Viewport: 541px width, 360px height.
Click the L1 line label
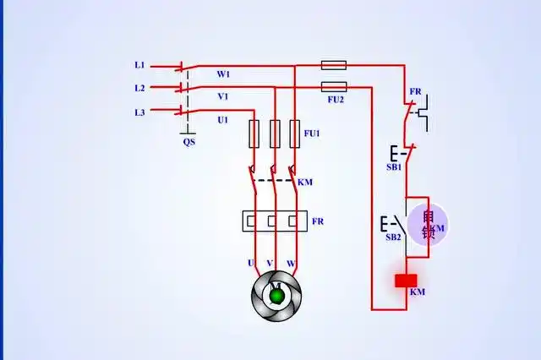(x=139, y=65)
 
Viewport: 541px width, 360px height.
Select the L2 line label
(x=139, y=88)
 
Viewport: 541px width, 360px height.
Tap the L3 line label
(x=139, y=112)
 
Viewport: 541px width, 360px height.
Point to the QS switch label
(x=189, y=142)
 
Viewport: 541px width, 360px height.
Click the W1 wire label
(x=223, y=74)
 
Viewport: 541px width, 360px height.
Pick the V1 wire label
(x=223, y=96)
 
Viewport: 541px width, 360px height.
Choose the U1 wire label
(x=223, y=120)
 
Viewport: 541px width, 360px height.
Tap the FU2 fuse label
(x=336, y=99)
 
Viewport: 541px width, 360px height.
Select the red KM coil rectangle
(x=408, y=281)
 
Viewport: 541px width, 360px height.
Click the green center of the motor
(x=276, y=293)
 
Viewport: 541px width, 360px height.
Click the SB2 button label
(x=393, y=237)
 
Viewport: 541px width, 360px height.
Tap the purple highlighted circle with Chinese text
(x=427, y=225)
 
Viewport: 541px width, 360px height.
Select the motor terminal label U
(x=251, y=264)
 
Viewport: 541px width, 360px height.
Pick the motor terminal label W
(x=291, y=264)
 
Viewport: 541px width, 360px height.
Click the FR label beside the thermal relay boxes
(x=318, y=221)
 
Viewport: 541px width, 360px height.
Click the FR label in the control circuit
(x=415, y=91)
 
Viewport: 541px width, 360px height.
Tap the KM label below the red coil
(x=418, y=292)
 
